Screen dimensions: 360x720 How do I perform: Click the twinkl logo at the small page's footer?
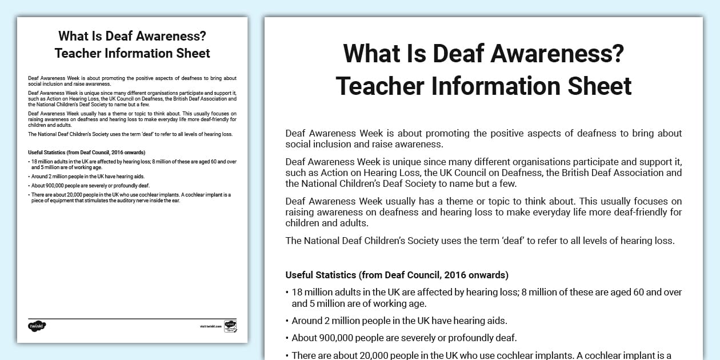(37, 326)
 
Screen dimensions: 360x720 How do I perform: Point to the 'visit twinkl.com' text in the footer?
(211, 326)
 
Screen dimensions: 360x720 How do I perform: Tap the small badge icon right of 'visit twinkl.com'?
(230, 326)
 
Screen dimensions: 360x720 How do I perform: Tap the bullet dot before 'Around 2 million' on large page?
(287, 321)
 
